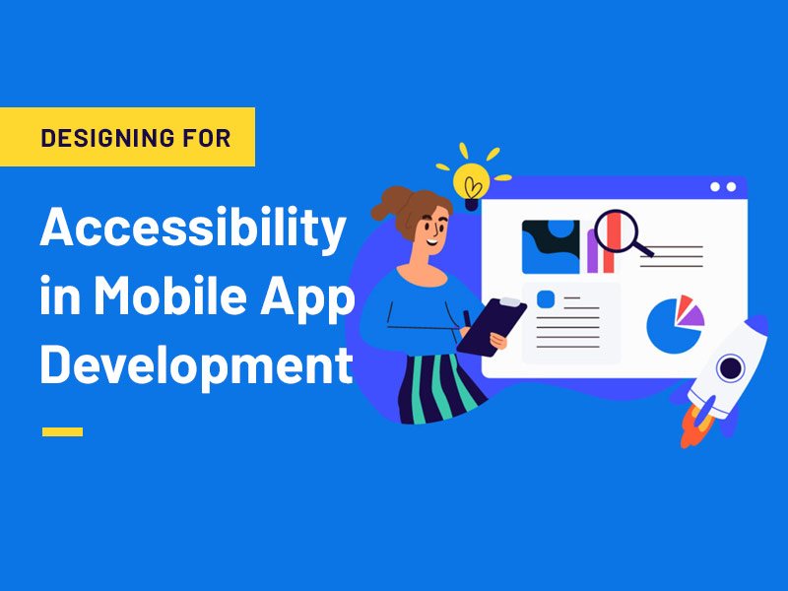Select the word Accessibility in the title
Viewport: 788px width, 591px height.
pyautogui.click(x=193, y=230)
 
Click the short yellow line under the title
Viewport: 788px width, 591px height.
pyautogui.click(x=62, y=431)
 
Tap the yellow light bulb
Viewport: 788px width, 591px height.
pyautogui.click(x=472, y=180)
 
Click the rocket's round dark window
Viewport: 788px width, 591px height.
pyautogui.click(x=730, y=368)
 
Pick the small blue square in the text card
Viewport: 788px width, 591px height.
pyautogui.click(x=543, y=298)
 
